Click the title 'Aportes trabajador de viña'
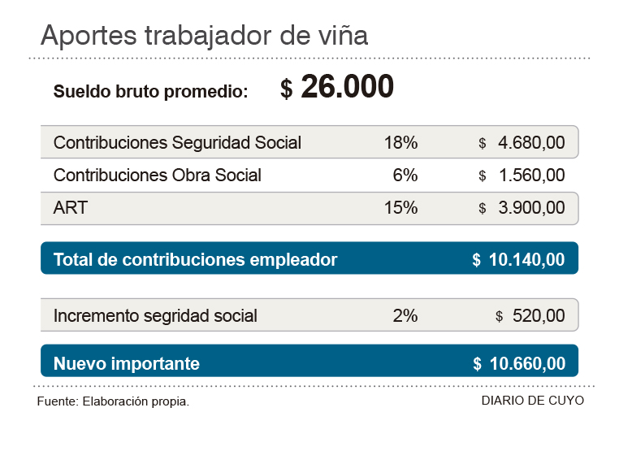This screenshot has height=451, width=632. tap(204, 36)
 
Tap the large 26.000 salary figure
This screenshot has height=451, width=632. tap(347, 88)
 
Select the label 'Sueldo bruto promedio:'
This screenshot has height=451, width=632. tap(151, 92)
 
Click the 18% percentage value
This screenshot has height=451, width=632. tap(400, 143)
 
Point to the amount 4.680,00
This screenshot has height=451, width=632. tap(531, 143)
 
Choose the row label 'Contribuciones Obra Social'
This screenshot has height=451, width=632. tap(158, 175)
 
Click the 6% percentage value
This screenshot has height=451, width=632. tap(405, 175)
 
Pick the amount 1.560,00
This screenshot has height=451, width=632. tap(531, 175)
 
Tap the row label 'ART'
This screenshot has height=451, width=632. tap(71, 207)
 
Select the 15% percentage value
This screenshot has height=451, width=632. tap(400, 207)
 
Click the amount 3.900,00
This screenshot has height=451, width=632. tap(531, 207)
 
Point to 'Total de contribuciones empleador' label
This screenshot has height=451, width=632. tap(195, 259)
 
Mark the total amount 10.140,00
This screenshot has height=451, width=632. tap(527, 259)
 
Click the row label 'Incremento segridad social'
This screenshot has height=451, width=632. tap(155, 315)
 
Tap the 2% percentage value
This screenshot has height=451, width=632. tap(405, 315)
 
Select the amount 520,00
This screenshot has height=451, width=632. tap(538, 315)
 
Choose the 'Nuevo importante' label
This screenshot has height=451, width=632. tap(126, 363)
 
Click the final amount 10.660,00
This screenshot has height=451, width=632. tap(527, 363)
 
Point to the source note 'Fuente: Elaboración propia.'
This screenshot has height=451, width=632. tap(113, 402)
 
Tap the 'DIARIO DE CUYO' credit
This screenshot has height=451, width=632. tap(532, 401)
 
